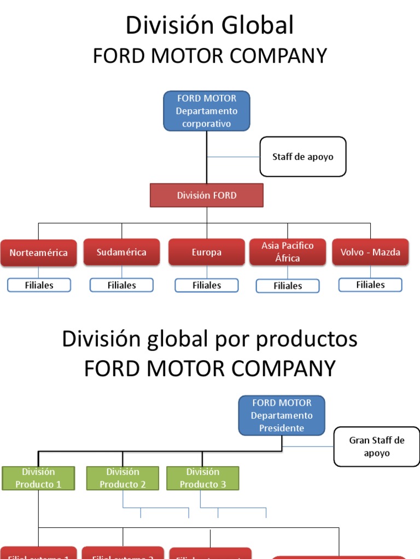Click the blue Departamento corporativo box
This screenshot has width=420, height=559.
point(207,111)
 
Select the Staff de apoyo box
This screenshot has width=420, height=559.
point(302,157)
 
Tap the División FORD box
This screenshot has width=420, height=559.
point(207,195)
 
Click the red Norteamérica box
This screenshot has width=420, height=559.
point(38,253)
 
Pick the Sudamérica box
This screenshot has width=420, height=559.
point(121,252)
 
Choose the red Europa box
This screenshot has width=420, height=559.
point(207,252)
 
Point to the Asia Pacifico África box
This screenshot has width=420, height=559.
point(288,252)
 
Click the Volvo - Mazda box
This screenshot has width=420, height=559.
point(370,252)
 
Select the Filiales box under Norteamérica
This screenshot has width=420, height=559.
point(39,285)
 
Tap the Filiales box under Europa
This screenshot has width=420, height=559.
point(207,285)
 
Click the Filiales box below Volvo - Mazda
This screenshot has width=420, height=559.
point(370,284)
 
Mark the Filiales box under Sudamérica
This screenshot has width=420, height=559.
point(121,285)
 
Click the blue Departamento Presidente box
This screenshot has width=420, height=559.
point(282,415)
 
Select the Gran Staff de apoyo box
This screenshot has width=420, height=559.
point(377,447)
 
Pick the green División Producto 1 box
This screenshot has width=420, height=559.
point(38,478)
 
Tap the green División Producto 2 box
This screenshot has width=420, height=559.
point(122,478)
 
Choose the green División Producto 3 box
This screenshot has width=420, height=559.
point(202,478)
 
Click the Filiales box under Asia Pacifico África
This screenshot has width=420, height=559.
point(288,286)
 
